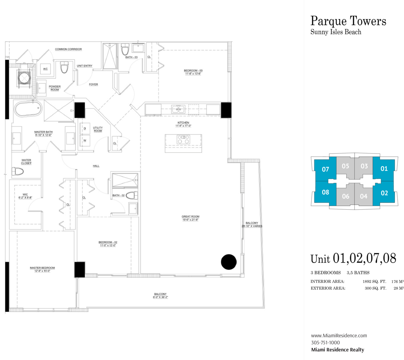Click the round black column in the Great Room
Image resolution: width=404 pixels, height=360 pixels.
click(229, 262)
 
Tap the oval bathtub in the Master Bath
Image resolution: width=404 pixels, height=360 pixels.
click(28, 109)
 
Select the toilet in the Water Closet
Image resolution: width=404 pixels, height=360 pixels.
click(18, 171)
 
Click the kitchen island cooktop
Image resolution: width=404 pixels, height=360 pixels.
click(183, 139)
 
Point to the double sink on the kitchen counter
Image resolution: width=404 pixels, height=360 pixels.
click(178, 109)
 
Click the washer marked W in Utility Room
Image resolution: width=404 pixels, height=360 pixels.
click(85, 140)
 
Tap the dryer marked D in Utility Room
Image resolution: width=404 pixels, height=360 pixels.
click(85, 128)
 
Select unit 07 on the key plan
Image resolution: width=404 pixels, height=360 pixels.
click(325, 169)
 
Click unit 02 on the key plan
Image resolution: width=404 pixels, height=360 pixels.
click(384, 193)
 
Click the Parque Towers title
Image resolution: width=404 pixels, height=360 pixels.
click(348, 21)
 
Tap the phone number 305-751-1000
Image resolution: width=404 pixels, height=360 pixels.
click(325, 342)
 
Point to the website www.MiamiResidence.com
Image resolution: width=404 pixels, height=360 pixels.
click(339, 336)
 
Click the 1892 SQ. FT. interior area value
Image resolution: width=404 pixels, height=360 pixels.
click(374, 281)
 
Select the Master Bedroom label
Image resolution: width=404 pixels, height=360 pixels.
click(42, 268)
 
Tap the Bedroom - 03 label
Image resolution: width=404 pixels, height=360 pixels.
click(193, 70)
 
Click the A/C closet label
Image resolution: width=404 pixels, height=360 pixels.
click(45, 69)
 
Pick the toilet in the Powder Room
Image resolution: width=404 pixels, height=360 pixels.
click(64, 67)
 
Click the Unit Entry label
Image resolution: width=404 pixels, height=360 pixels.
click(85, 66)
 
